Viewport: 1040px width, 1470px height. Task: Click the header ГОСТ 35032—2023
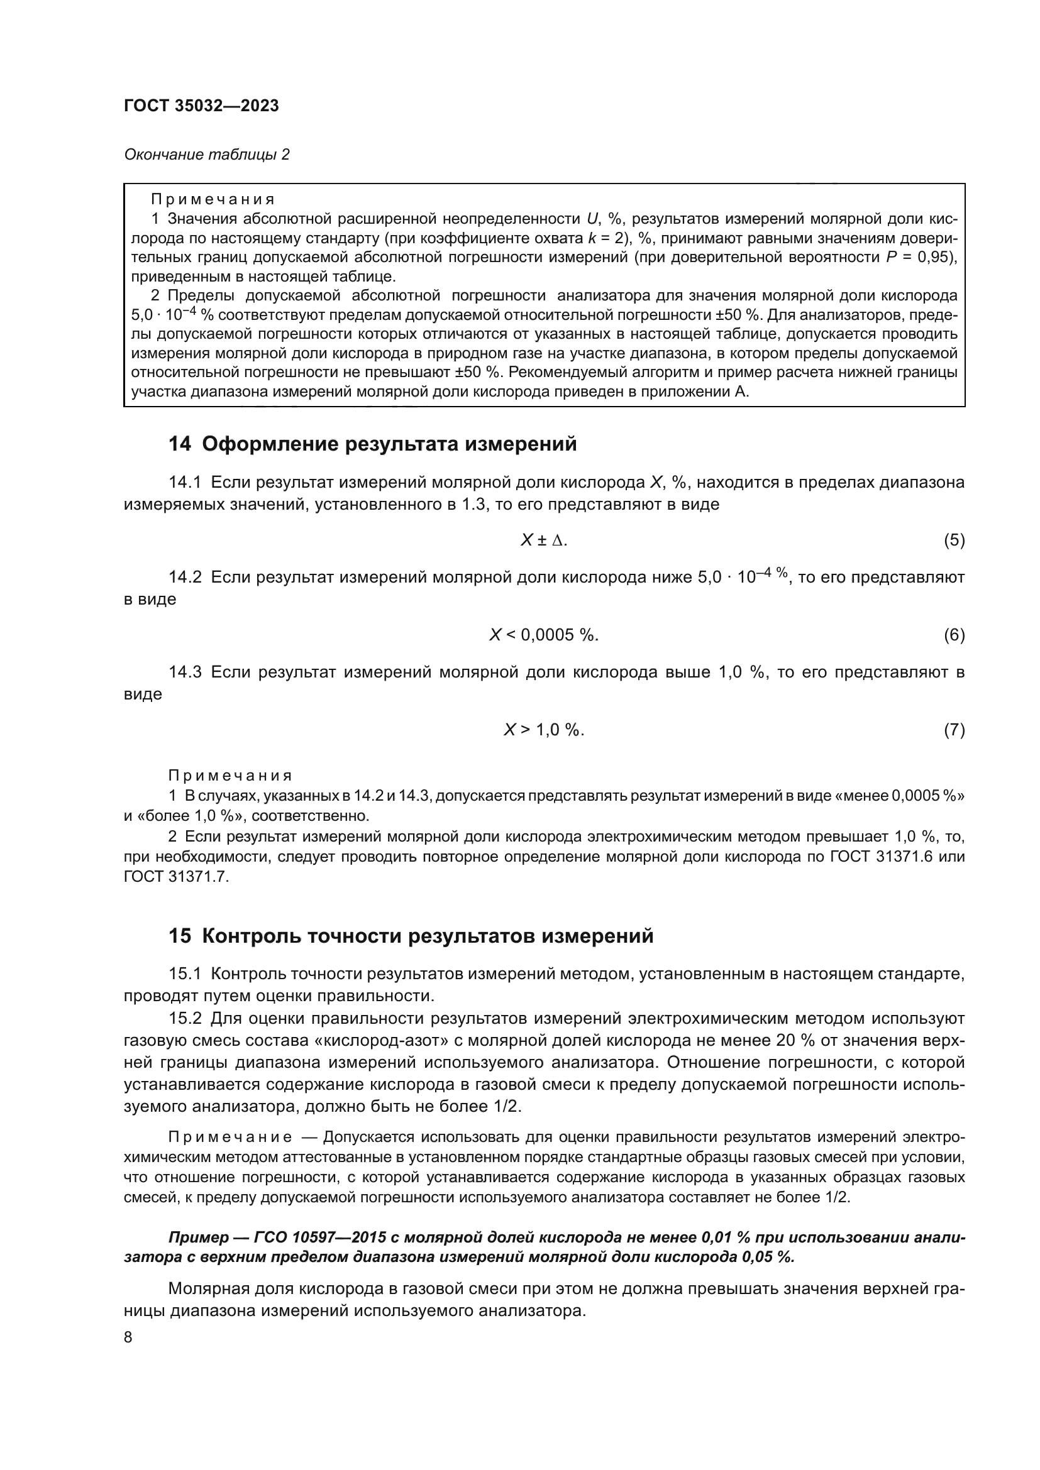[x=201, y=106]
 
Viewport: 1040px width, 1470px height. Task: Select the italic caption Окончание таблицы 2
[x=206, y=155]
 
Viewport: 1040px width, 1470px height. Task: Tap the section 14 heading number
[x=179, y=444]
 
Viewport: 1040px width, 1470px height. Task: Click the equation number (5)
[x=954, y=540]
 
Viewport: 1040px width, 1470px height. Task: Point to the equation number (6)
[x=954, y=635]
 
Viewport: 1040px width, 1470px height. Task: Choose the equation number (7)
[x=954, y=730]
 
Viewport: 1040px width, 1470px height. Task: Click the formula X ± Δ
[x=544, y=540]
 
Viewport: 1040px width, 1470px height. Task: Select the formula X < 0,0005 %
[x=544, y=635]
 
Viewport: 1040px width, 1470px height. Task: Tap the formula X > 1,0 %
[x=544, y=730]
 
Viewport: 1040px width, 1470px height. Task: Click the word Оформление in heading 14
[x=270, y=444]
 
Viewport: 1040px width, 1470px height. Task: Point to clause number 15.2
[x=185, y=1019]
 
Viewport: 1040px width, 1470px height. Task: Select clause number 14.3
[x=185, y=672]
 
